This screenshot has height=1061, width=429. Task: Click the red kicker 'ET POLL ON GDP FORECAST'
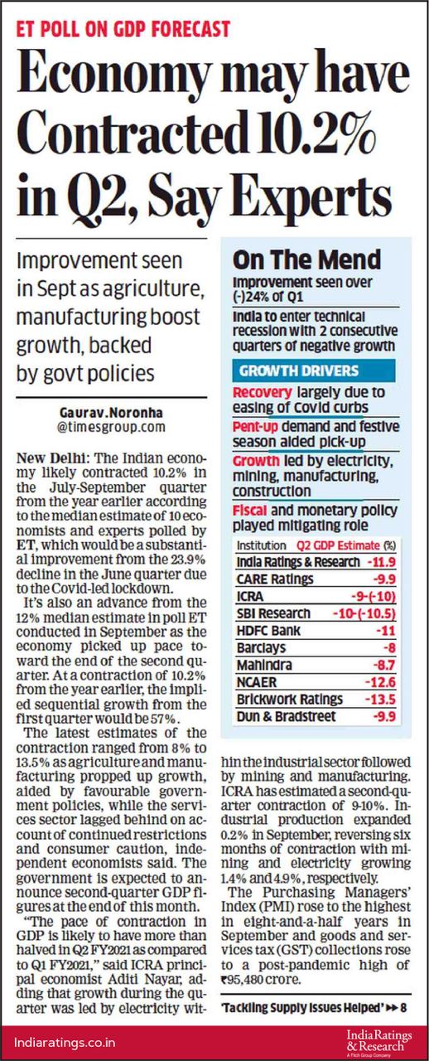click(x=123, y=29)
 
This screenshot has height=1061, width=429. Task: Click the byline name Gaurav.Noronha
click(x=111, y=412)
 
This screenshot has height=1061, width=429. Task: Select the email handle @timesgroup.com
click(x=111, y=427)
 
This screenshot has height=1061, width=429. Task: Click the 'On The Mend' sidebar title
click(x=306, y=260)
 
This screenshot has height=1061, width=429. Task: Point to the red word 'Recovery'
click(x=263, y=392)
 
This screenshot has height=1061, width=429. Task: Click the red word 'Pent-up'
click(x=255, y=427)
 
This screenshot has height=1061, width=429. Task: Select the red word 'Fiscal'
click(x=249, y=510)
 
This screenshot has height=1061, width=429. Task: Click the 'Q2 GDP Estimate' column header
click(x=338, y=545)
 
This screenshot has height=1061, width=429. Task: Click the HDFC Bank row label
click(x=268, y=631)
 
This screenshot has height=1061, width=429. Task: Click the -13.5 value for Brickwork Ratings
click(x=380, y=700)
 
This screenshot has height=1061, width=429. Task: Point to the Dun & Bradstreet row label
click(x=286, y=717)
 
